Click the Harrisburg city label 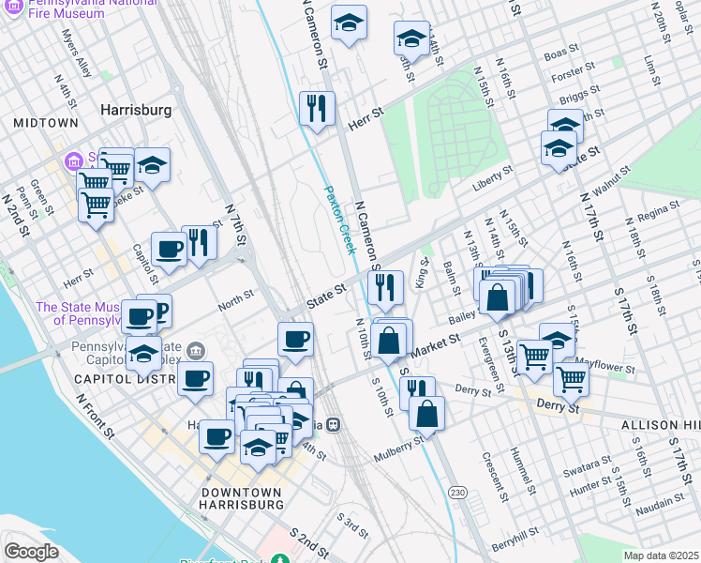(136, 110)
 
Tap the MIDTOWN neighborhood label (46, 123)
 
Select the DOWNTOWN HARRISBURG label (242, 498)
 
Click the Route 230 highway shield (457, 493)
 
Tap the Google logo (31, 551)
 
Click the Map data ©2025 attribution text (660, 555)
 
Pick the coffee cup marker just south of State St (296, 338)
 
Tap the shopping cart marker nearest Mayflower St (570, 377)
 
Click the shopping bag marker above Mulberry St (426, 413)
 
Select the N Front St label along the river (97, 418)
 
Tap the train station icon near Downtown (332, 425)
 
